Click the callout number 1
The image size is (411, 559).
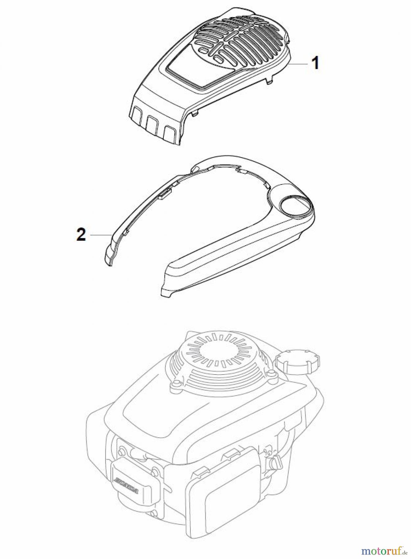[x=315, y=63]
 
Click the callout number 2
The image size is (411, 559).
[x=81, y=235]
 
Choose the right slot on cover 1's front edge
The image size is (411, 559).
[x=172, y=131]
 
